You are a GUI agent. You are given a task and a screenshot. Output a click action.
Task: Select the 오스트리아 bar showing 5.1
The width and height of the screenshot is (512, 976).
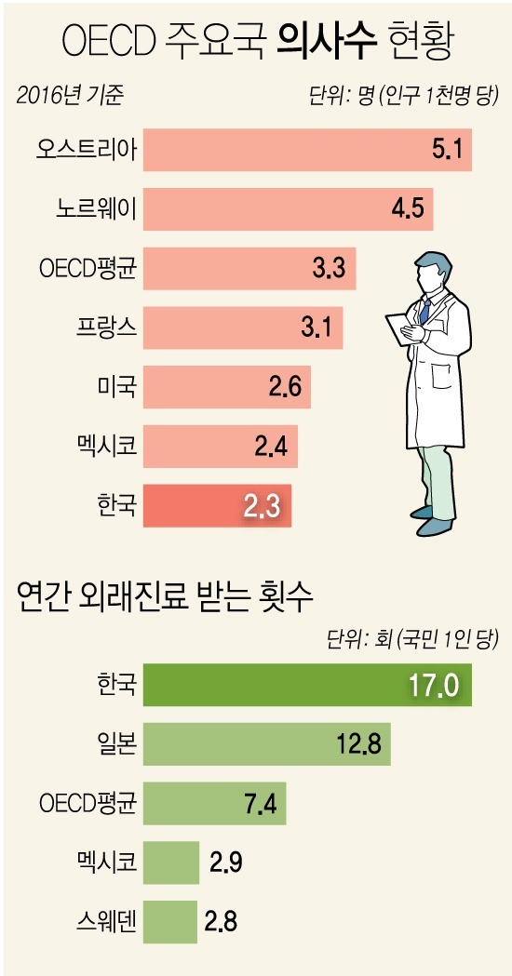coord(307,150)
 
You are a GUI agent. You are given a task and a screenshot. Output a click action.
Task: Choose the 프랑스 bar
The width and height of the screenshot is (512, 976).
coord(243,328)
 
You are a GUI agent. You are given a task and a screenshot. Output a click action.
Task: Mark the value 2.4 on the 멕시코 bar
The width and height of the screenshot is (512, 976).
coord(272,447)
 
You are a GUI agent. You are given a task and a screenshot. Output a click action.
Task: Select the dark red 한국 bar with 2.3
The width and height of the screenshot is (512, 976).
coord(218,506)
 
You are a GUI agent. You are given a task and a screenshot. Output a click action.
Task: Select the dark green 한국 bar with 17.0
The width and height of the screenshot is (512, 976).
coord(307,685)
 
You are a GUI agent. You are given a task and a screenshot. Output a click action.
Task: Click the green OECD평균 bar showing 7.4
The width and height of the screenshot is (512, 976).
coord(215,804)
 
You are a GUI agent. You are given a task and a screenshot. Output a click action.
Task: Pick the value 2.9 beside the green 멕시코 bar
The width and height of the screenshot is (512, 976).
coord(223,863)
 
